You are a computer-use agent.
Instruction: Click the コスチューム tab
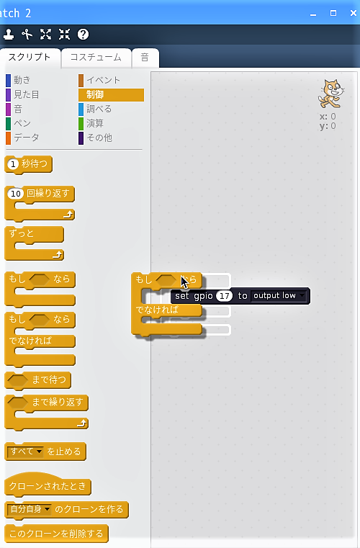96,58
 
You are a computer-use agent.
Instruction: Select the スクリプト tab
30,58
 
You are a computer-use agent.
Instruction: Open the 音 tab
145,58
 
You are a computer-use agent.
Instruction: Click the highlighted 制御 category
111,94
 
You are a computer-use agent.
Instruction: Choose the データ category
22,138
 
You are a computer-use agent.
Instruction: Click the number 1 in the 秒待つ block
13,164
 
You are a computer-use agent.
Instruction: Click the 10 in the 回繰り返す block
15,194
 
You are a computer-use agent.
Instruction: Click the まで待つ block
37,380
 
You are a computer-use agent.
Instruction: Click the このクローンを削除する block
56,534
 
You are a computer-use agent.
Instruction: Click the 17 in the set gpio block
225,296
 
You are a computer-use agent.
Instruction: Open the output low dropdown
279,296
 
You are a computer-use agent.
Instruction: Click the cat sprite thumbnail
330,94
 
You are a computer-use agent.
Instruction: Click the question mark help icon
83,35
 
